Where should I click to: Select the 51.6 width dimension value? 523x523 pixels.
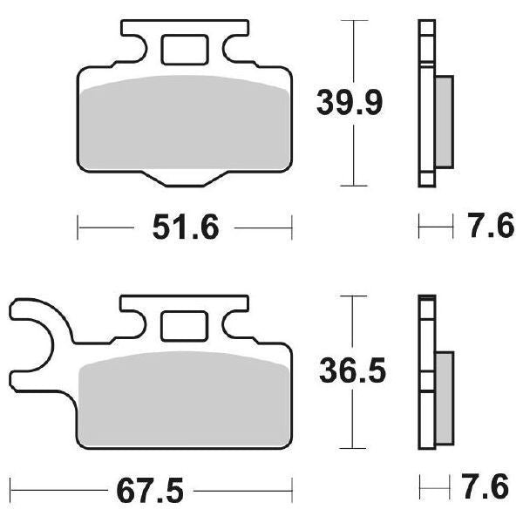click(184, 228)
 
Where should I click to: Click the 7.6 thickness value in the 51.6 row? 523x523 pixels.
click(486, 228)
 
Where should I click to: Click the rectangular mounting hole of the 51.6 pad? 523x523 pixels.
click(184, 49)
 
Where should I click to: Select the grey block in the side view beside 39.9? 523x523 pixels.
click(444, 121)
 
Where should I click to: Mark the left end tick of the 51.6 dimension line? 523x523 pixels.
click(78, 228)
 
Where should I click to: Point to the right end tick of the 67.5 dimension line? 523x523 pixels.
click(291, 486)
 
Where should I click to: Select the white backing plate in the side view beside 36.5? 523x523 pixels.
click(426, 375)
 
